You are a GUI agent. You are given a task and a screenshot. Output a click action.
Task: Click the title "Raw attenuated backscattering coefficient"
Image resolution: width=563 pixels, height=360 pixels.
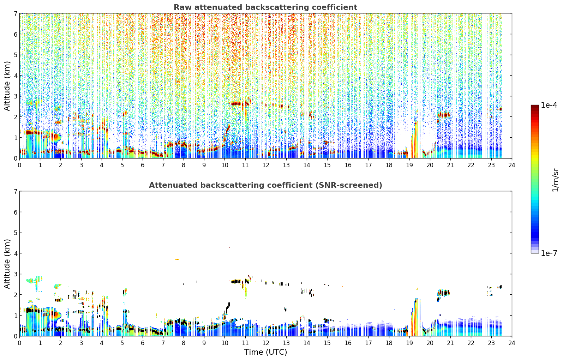(265, 7)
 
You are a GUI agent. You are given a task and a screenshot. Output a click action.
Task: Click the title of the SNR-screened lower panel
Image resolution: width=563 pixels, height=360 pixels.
(265, 185)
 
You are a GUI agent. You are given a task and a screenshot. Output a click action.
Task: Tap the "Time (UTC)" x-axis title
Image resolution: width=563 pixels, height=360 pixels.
(265, 352)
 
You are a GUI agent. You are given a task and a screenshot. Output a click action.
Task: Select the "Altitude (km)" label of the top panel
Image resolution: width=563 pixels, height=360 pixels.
(7, 86)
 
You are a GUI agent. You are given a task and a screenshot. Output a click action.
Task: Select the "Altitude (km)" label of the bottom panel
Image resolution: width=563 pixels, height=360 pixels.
(7, 264)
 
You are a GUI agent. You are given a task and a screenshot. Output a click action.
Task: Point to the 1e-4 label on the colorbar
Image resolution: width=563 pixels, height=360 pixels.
(549, 105)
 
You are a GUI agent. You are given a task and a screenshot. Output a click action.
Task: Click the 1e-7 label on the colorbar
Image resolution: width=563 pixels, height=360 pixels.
(549, 253)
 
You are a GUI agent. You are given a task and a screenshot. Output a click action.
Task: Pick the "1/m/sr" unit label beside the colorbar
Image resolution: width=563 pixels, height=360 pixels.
(555, 180)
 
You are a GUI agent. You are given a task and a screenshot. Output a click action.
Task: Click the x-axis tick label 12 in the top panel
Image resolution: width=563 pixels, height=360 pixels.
(266, 165)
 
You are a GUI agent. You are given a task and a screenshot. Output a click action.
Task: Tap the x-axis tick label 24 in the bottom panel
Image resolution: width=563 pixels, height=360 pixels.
(512, 343)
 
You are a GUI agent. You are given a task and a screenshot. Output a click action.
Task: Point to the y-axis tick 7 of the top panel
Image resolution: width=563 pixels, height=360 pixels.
(16, 13)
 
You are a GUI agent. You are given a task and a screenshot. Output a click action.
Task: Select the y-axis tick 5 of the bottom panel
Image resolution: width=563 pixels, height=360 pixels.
(16, 233)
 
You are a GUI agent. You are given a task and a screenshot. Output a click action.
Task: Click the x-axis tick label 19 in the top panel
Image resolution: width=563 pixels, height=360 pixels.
(409, 165)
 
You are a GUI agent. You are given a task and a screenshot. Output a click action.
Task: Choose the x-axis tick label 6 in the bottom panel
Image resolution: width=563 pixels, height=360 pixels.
(143, 343)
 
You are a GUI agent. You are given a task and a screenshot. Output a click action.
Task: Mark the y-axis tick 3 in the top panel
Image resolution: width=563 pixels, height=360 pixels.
(16, 96)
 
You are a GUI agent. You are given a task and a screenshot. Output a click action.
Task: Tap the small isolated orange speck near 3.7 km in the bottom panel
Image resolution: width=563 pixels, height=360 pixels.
(177, 259)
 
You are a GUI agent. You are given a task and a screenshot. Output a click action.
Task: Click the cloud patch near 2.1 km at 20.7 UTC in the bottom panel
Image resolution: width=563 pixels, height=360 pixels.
(443, 293)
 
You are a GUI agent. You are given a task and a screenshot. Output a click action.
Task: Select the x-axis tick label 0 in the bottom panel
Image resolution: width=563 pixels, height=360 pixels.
(20, 343)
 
